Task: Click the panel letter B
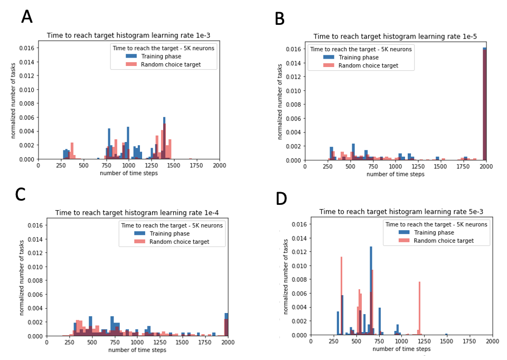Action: tap(279, 19)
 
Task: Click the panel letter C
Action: tap(20, 194)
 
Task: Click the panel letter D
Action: tap(281, 198)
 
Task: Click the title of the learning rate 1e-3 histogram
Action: tap(128, 36)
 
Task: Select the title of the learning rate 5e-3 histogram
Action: tap(401, 212)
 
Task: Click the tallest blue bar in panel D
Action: tap(371, 290)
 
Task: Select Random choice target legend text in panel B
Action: tap(368, 66)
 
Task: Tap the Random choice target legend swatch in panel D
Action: tap(404, 241)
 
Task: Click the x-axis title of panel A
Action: tap(129, 173)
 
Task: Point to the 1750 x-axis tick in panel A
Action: tap(197, 165)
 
